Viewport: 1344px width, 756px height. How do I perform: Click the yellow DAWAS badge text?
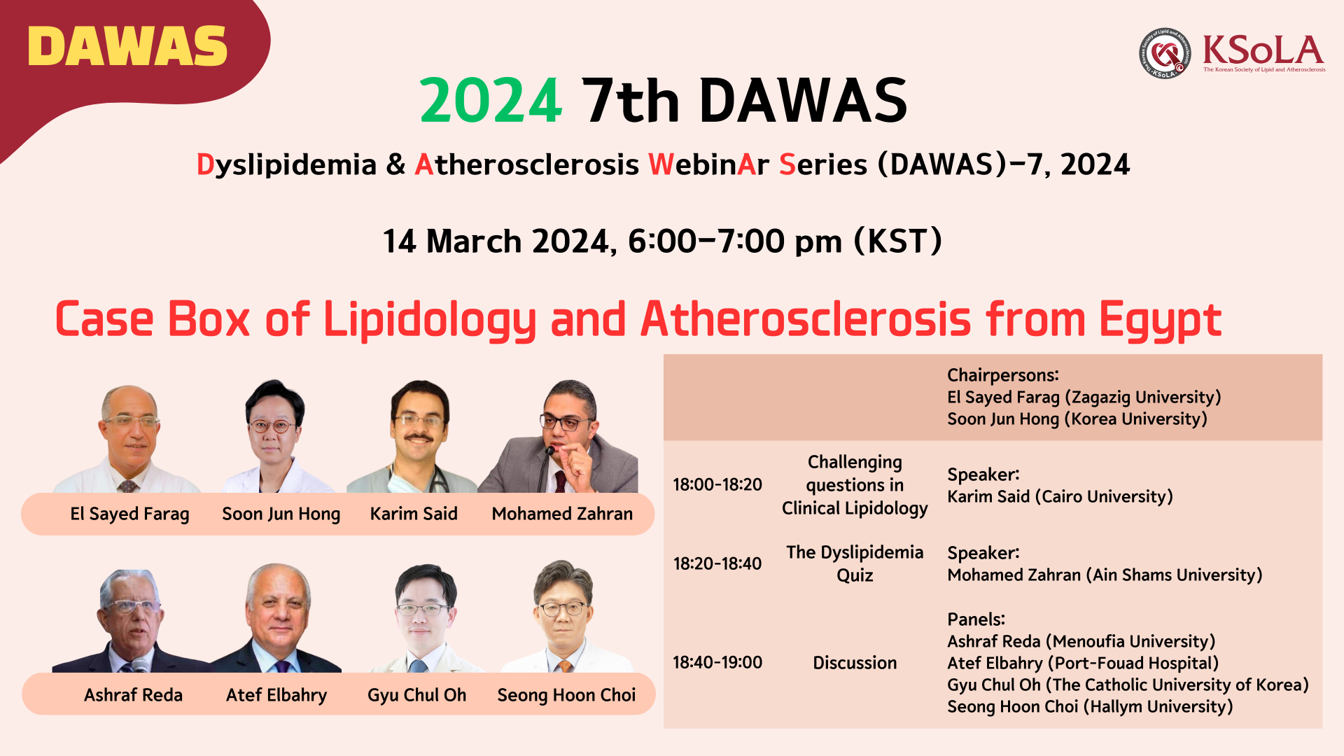[128, 46]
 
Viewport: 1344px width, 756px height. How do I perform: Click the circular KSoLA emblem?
[1165, 53]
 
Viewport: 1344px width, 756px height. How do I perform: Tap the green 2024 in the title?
[491, 101]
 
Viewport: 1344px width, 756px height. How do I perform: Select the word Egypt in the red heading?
[1161, 320]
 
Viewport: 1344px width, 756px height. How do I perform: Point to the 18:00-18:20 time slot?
[717, 484]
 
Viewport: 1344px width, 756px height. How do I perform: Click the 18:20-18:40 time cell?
[717, 563]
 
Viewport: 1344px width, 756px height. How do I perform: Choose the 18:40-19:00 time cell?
[717, 662]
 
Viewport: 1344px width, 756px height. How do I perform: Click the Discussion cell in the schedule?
[855, 663]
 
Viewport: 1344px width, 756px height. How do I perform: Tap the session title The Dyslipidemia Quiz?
[855, 563]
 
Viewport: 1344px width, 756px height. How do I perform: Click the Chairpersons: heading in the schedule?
[1003, 375]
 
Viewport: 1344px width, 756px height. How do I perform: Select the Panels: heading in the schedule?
[976, 619]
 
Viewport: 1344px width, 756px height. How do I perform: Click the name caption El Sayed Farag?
[129, 514]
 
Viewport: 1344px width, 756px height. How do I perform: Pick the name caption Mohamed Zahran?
[562, 514]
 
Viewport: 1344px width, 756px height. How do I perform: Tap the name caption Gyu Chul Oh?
[416, 695]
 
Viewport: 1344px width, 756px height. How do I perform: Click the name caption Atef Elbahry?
[276, 695]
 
